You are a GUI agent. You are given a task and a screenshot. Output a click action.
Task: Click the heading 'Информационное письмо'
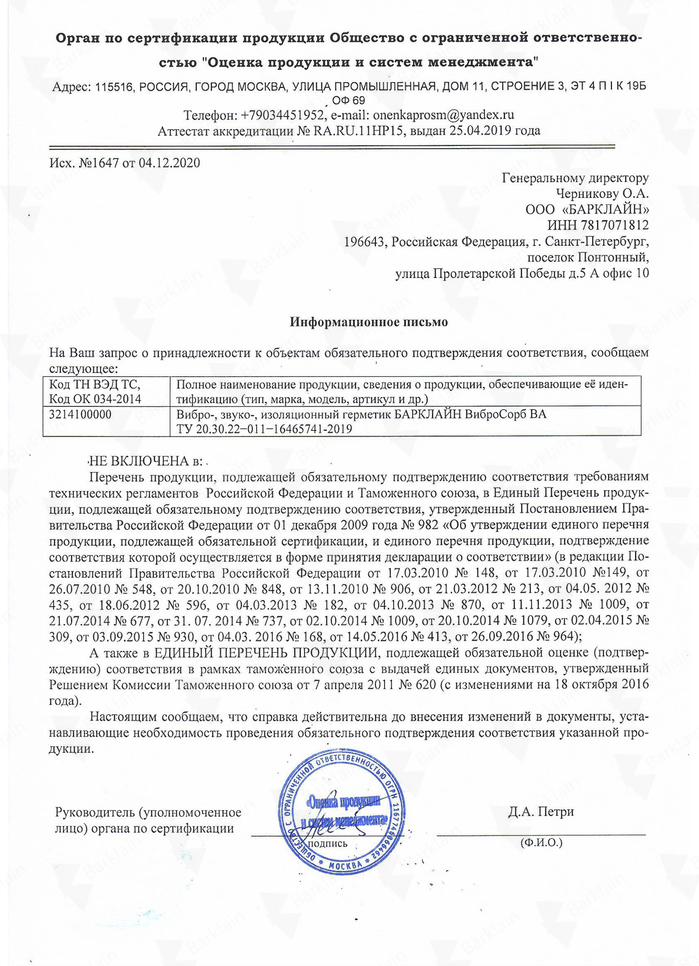click(369, 322)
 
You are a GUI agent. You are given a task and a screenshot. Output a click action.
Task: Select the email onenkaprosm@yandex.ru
click(443, 115)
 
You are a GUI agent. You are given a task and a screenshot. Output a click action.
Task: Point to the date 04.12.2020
click(169, 163)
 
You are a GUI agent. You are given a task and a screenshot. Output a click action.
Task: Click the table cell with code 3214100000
click(81, 414)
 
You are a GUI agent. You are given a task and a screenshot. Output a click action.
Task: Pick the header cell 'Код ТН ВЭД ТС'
click(94, 385)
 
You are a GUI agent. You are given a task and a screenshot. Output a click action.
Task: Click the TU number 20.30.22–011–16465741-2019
click(274, 429)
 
